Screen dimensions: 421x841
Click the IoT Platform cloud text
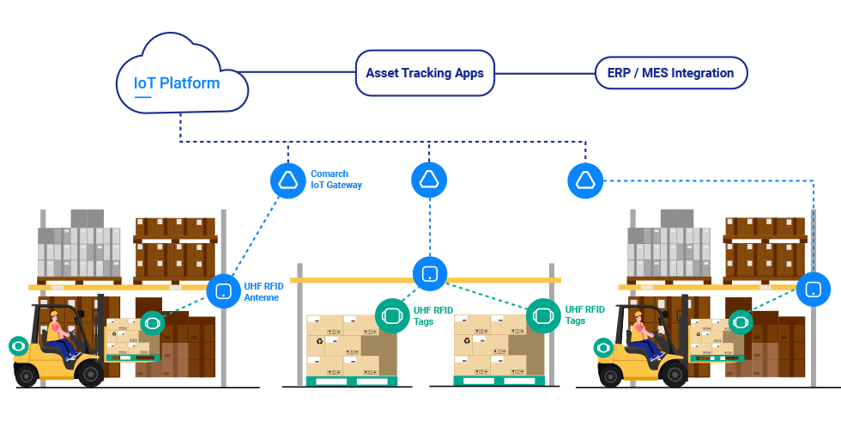177,83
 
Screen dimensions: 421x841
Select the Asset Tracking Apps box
425,73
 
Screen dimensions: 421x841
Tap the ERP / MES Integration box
670,73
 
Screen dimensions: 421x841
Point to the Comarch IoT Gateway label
336,179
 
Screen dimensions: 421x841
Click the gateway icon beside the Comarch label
287,180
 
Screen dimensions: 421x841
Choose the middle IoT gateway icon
428,180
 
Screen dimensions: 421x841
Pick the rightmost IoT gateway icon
585,180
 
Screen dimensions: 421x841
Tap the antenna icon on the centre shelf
429,274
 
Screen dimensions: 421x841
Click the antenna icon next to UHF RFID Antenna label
223,290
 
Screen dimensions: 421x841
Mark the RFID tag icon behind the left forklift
17,346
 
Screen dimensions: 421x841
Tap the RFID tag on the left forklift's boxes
152,323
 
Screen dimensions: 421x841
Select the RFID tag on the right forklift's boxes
741,322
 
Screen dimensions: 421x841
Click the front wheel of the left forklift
89,373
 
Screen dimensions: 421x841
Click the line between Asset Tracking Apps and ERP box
545,73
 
